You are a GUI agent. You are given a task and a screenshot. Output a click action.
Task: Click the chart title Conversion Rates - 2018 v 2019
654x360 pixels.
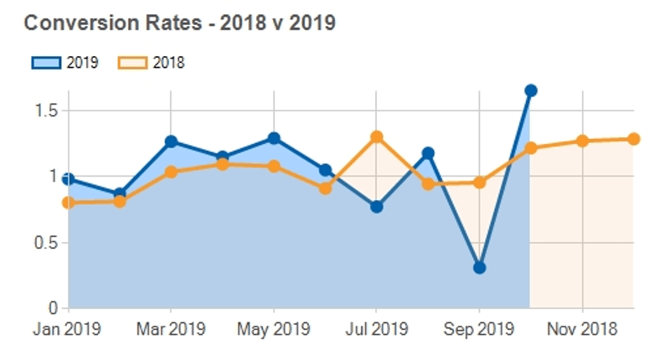[179, 23]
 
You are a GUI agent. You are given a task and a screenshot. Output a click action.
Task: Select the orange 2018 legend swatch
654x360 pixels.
[131, 63]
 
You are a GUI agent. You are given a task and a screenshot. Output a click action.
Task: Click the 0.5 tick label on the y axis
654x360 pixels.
[46, 243]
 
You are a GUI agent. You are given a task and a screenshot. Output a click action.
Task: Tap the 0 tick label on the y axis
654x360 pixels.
[51, 308]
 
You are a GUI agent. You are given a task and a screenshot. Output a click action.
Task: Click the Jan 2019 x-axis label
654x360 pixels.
[66, 329]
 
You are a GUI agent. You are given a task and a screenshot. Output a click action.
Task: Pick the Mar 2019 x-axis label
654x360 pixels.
[170, 329]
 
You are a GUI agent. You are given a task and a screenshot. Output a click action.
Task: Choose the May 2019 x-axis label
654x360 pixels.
[273, 329]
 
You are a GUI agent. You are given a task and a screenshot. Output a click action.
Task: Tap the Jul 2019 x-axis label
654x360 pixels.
[376, 329]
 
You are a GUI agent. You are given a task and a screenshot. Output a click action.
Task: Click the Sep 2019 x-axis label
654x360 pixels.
[478, 329]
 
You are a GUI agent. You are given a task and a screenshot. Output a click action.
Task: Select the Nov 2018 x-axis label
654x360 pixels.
[582, 329]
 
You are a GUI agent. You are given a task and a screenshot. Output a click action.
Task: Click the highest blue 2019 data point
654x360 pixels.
[530, 90]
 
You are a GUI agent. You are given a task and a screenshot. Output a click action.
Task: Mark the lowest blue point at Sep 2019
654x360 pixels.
[479, 268]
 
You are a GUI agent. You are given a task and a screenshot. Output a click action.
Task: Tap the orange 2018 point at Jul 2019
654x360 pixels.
[376, 136]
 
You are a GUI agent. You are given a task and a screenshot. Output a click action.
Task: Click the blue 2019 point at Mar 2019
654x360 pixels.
[171, 141]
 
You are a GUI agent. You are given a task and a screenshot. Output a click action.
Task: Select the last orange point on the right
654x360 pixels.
[633, 139]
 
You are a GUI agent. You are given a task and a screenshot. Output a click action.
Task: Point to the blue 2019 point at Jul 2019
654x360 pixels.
[376, 207]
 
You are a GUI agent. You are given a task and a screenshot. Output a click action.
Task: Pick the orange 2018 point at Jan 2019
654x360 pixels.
[68, 203]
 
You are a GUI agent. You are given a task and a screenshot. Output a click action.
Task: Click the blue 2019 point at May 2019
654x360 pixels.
[274, 138]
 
